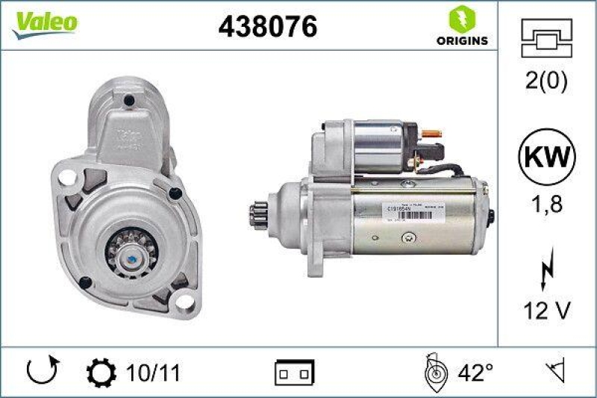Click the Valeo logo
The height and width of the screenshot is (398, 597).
point(43,22)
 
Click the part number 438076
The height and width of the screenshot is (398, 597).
point(267,27)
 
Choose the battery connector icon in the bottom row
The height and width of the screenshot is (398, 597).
point(295,371)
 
